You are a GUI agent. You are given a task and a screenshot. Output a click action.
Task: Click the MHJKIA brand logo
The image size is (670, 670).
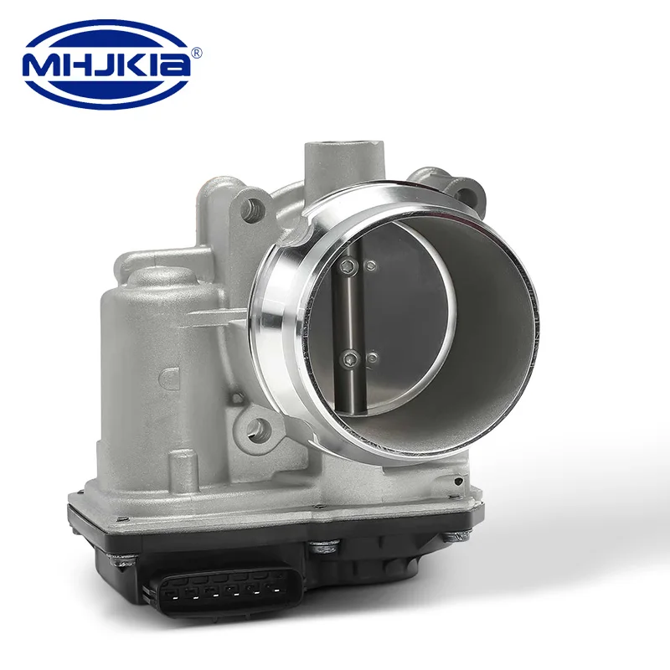[107, 64]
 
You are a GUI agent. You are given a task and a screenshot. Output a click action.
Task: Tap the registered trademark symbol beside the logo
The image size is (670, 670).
[196, 52]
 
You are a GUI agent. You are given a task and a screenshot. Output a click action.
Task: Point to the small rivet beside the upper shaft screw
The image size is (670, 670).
[371, 266]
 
